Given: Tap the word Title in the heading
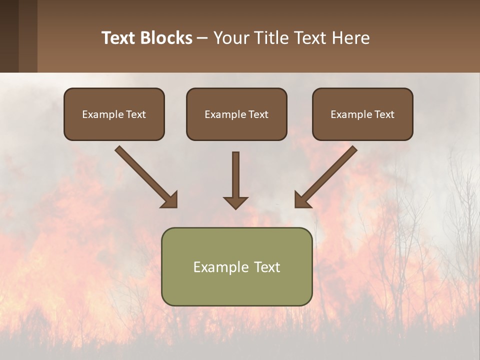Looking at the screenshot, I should [x=270, y=38].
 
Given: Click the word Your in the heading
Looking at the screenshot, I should [x=232, y=38].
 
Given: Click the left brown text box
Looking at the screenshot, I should [x=114, y=114].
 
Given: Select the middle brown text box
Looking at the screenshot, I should [x=236, y=114].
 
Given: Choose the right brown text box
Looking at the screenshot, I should [x=362, y=114].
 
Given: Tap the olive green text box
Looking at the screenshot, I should [x=236, y=266].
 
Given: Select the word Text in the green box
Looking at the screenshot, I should [x=267, y=267].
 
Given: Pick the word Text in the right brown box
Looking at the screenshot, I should [x=384, y=114].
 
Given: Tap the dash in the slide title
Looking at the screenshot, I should [x=202, y=38].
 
